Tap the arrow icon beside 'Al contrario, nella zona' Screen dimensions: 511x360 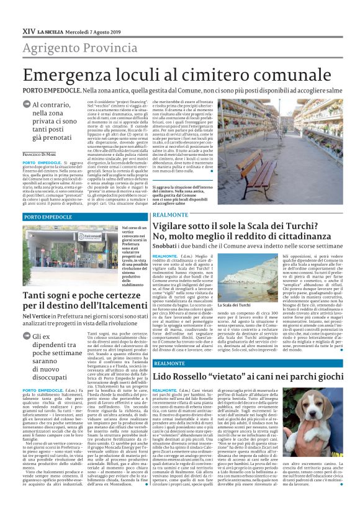[x=27, y=106]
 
